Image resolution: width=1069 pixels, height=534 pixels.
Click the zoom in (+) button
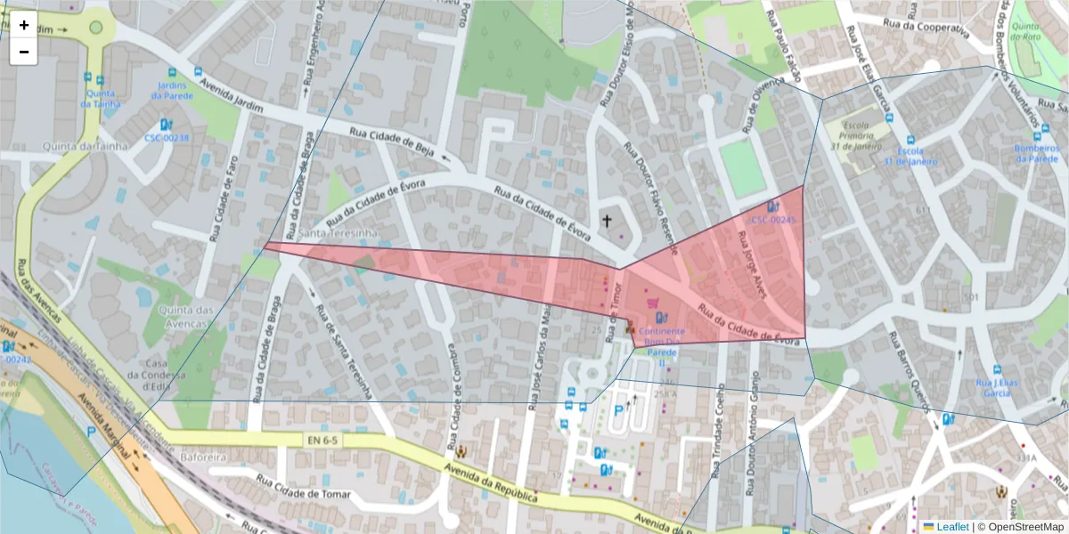pyautogui.click(x=24, y=25)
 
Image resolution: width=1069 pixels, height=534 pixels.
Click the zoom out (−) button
pyautogui.click(x=24, y=52)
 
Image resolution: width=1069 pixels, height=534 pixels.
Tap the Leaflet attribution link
pyautogui.click(x=952, y=527)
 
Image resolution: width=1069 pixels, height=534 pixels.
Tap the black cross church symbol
pyautogui.click(x=608, y=221)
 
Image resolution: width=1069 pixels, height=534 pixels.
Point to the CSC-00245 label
pyautogui.click(x=772, y=219)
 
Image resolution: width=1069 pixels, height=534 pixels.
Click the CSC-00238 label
pyautogui.click(x=167, y=138)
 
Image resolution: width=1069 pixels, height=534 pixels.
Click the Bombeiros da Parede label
pyautogui.click(x=1037, y=153)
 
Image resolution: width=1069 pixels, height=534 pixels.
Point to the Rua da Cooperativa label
pyautogui.click(x=925, y=28)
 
